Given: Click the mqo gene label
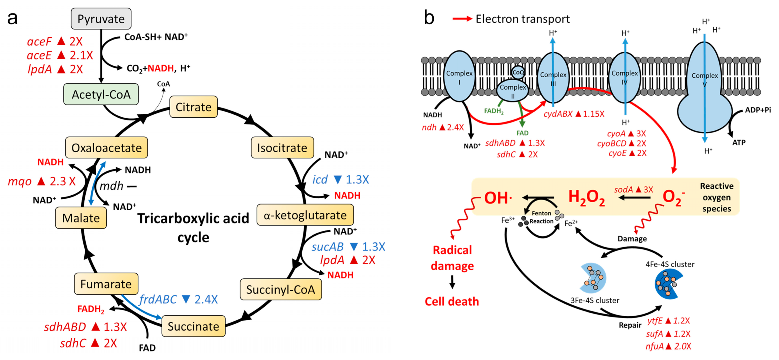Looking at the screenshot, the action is [19, 181].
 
